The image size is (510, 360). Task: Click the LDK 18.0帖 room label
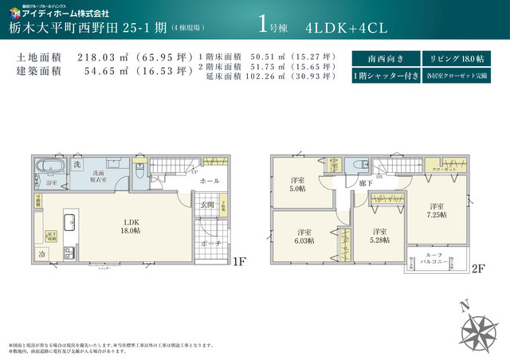tap(131, 225)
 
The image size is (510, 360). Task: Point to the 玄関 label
tap(206, 205)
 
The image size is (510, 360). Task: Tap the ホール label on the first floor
tap(210, 182)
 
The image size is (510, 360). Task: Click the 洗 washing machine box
tap(77, 164)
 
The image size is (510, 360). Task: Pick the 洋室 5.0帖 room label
tap(296, 185)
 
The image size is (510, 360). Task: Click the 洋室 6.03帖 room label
tap(303, 237)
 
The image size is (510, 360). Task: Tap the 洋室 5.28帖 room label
tap(378, 237)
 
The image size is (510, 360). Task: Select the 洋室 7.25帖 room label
tap(437, 209)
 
